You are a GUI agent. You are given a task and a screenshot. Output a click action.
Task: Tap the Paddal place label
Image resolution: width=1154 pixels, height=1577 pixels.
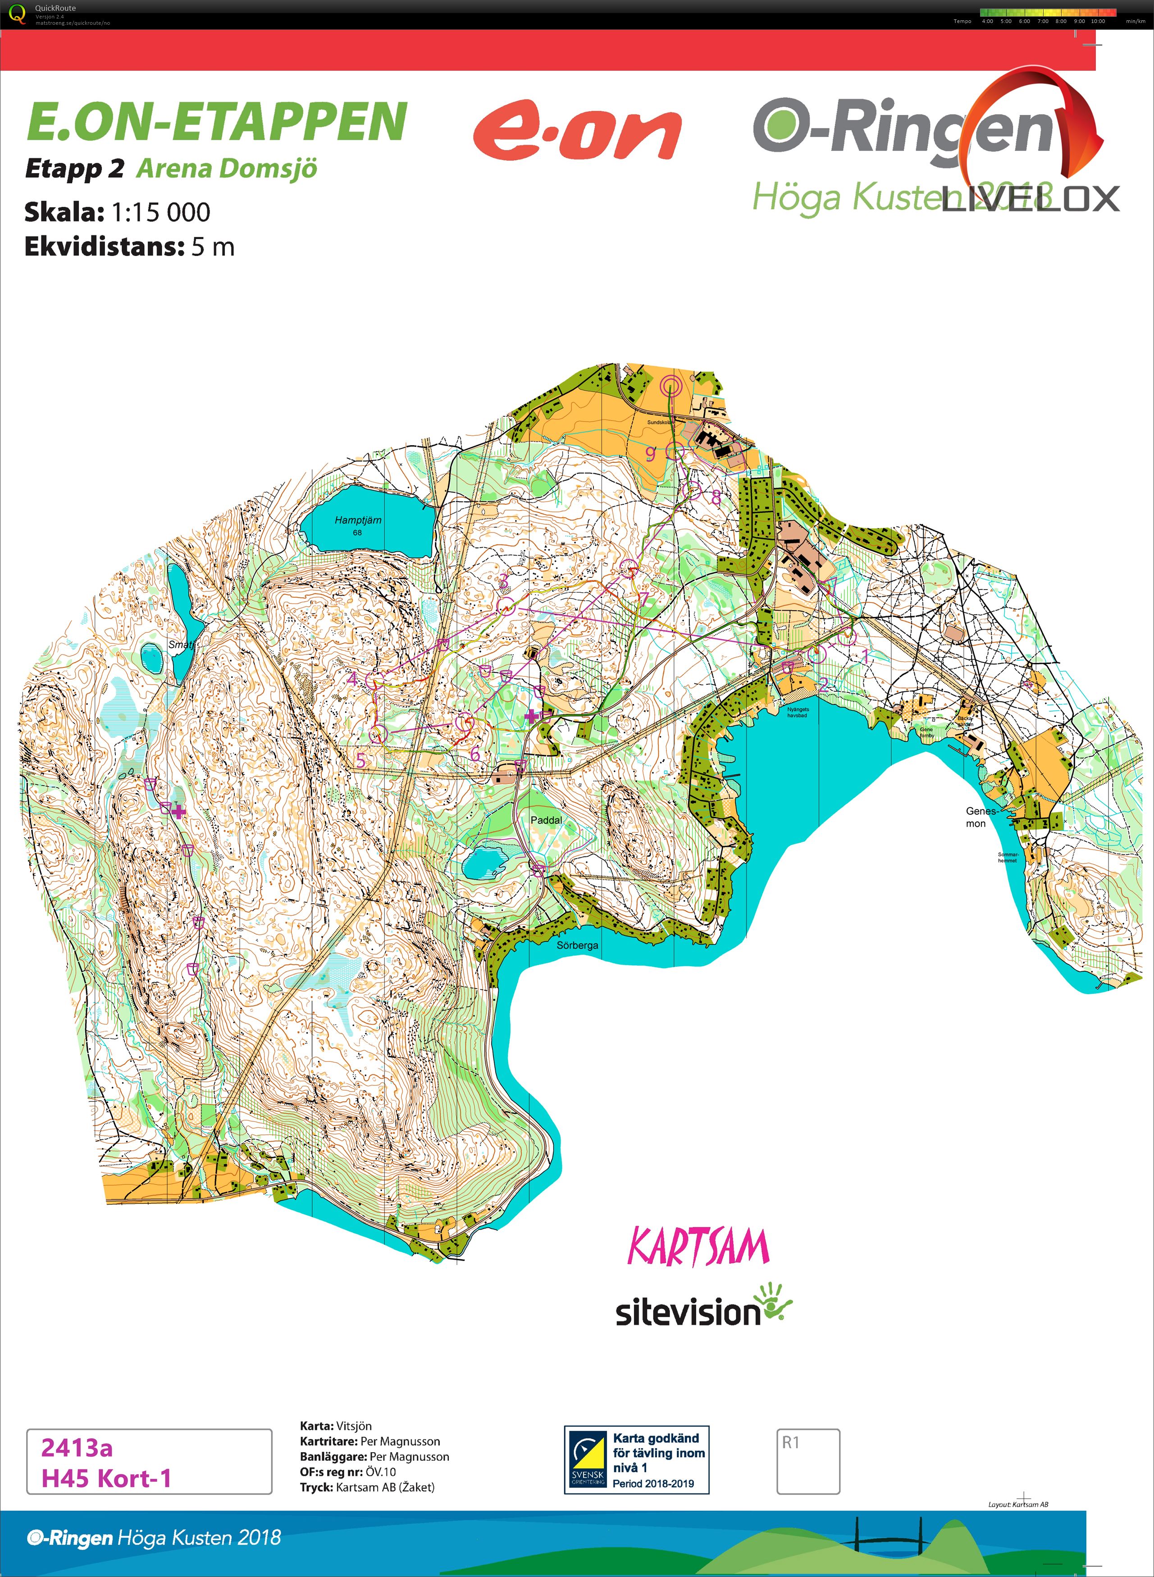coord(546,819)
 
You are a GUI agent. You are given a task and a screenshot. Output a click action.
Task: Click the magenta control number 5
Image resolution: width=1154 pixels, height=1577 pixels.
coord(360,761)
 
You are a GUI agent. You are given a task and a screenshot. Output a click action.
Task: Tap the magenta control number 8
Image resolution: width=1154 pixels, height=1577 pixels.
coord(716,498)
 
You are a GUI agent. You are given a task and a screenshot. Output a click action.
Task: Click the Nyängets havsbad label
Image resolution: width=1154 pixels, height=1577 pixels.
coord(798,712)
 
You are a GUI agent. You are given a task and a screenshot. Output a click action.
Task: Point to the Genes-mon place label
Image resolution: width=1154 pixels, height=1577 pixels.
coord(980,817)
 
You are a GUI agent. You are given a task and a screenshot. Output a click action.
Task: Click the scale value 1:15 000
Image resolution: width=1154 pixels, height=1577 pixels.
coord(161,212)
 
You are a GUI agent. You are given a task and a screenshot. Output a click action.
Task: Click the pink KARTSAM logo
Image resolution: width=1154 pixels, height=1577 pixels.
coord(698,1248)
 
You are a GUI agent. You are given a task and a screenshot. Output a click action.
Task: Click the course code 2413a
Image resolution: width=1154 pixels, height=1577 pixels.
coord(77,1447)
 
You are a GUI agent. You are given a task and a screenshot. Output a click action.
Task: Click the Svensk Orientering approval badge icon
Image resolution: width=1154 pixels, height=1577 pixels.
coord(587,1460)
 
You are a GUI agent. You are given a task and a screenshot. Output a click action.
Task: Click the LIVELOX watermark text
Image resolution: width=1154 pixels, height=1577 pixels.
coord(1031,199)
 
